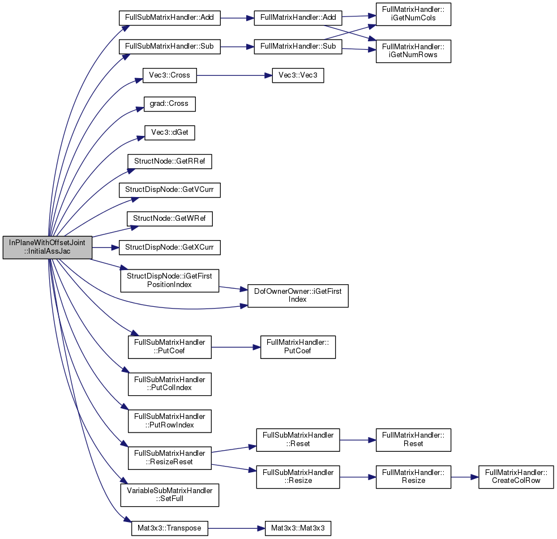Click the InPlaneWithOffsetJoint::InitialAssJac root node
pyautogui.click(x=47, y=247)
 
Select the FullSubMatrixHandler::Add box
pyautogui.click(x=169, y=18)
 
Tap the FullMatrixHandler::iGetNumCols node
pyautogui.click(x=413, y=14)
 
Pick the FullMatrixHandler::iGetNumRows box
pyautogui.click(x=413, y=51)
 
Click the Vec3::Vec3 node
pyautogui.click(x=298, y=75)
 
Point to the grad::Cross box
pyautogui.click(x=169, y=104)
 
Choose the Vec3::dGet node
pyautogui.click(x=169, y=132)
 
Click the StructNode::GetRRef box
pyautogui.click(x=169, y=161)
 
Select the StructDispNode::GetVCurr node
pyautogui.click(x=169, y=190)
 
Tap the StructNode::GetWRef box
pyautogui.click(x=169, y=219)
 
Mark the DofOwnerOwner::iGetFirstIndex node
pyautogui.click(x=298, y=296)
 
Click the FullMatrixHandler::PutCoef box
pyautogui.click(x=298, y=347)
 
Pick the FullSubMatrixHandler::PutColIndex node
pyautogui.click(x=169, y=384)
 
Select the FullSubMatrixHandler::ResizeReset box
pyautogui.click(x=169, y=458)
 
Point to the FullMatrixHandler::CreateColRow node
pyautogui.click(x=516, y=477)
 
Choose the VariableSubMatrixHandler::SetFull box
pyautogui.click(x=169, y=495)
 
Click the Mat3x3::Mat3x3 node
pyautogui.click(x=298, y=528)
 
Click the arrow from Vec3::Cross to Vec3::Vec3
pyautogui.click(x=234, y=75)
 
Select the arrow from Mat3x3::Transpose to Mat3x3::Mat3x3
pyautogui.click(x=236, y=528)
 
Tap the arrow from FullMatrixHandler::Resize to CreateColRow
pyautogui.click(x=465, y=477)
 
